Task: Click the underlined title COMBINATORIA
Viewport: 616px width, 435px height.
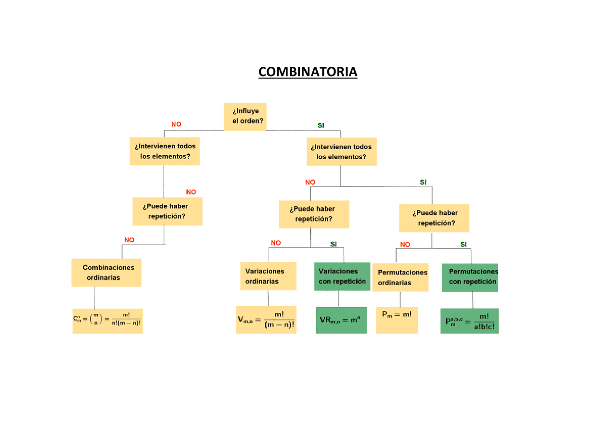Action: pos(308,72)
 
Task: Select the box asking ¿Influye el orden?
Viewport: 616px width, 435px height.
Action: pos(245,116)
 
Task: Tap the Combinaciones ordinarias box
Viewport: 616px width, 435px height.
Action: pos(107,273)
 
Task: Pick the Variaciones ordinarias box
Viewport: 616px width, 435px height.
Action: pos(268,276)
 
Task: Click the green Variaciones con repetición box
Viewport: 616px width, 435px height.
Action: pos(342,276)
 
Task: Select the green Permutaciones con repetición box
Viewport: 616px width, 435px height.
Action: pos(470,277)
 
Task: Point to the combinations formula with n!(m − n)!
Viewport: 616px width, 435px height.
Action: pos(107,321)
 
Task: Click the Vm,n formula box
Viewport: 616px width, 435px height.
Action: pos(266,320)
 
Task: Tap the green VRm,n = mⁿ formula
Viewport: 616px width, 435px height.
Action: pos(341,320)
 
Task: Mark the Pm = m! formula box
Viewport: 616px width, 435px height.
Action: pos(397,320)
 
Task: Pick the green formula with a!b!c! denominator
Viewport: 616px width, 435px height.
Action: pos(469,321)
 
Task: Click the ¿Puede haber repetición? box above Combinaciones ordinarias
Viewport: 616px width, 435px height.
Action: pos(167,211)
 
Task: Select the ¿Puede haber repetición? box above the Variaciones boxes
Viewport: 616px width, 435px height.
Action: pos(314,214)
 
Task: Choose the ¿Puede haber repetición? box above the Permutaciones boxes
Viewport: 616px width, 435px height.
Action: pos(434,218)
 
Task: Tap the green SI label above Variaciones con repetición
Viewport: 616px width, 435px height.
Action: pos(334,244)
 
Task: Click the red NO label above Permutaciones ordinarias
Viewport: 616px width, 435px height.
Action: pos(405,244)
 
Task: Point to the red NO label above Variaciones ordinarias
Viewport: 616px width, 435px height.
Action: pos(276,243)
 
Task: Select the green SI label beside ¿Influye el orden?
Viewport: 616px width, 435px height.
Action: pos(321,125)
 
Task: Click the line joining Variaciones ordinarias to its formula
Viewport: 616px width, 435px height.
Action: pos(268,298)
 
